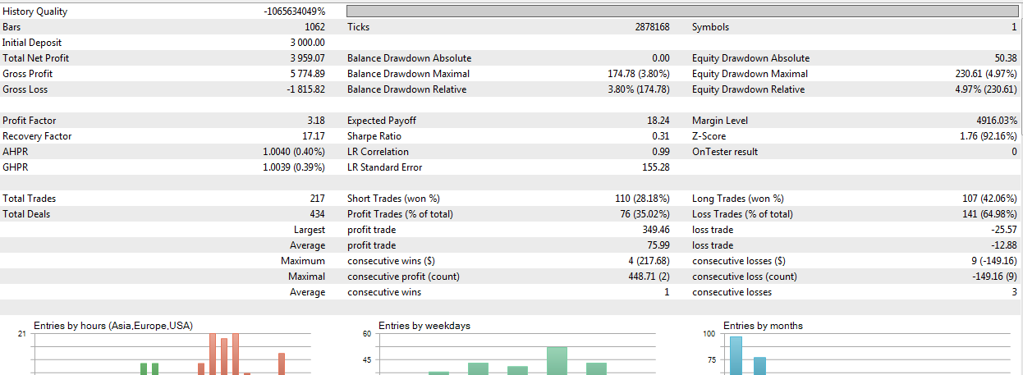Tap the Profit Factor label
30,121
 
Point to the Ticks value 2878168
652,27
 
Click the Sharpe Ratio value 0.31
660,136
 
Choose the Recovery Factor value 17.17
313,136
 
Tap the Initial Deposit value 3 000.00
307,43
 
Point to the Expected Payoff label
381,121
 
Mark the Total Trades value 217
316,199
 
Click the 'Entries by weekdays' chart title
424,326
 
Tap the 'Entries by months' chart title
763,326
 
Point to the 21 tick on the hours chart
21,334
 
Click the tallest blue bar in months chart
736,355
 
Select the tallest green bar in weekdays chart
557,360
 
